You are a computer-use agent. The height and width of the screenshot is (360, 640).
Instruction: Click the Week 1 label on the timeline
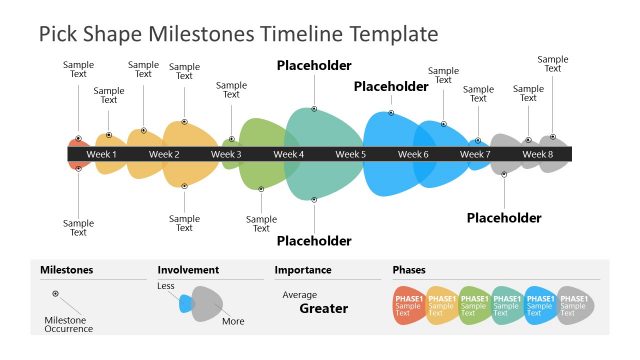pos(101,154)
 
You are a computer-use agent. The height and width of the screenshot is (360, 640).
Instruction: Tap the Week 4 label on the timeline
pos(288,154)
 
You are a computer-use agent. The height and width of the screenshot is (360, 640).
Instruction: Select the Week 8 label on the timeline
pos(537,154)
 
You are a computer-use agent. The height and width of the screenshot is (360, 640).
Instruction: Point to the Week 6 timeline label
pos(413,154)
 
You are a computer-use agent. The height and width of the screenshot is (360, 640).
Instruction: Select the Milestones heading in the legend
pos(66,270)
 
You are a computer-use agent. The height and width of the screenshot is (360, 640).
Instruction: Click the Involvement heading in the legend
pos(188,270)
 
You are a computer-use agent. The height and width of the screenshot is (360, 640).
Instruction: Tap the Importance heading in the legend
pos(303,270)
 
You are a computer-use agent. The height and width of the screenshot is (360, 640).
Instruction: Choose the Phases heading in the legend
pos(409,270)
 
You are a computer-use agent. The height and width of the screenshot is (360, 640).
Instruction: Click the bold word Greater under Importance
pos(324,309)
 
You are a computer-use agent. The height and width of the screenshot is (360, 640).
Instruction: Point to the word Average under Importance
pos(299,295)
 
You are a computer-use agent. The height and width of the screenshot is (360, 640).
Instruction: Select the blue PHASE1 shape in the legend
pos(540,305)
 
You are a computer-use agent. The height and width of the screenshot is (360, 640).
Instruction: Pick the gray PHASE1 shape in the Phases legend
pos(574,305)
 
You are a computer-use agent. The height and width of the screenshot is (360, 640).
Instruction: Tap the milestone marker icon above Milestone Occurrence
pos(55,294)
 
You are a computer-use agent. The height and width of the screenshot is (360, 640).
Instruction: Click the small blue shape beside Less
pos(185,303)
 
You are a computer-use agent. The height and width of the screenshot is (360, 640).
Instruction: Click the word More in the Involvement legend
pos(233,321)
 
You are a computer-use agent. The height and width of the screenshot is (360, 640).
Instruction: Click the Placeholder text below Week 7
pos(504,218)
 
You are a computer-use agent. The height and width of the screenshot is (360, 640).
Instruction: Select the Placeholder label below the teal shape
pos(314,241)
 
